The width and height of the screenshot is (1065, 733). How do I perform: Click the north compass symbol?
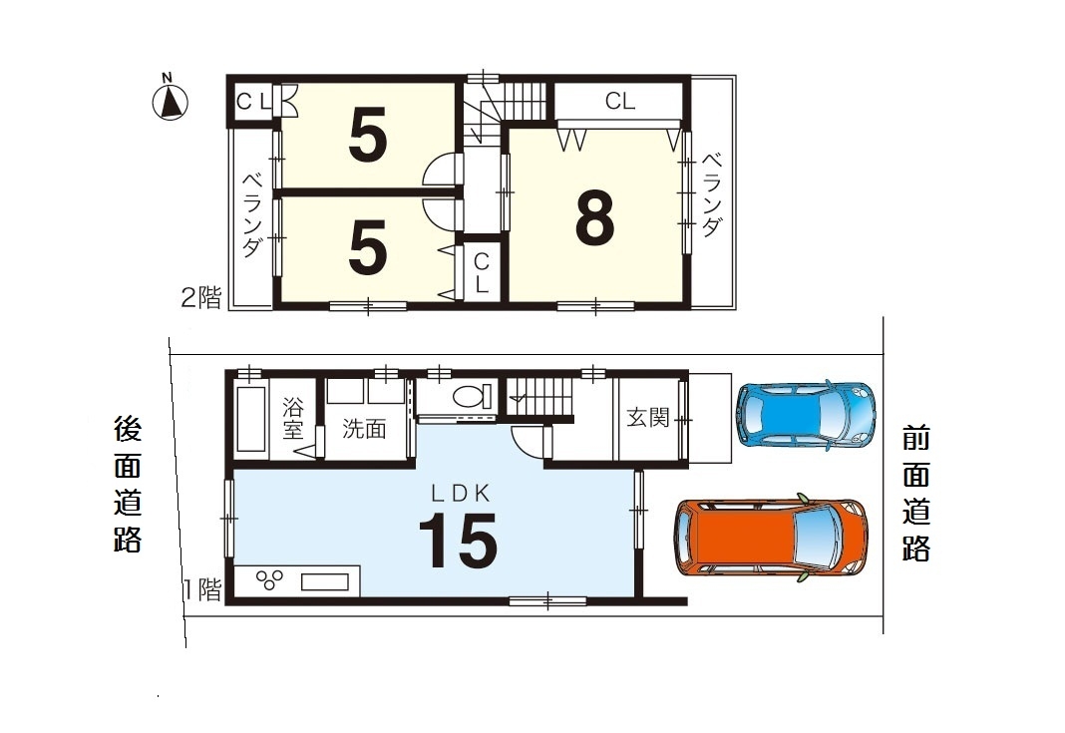(170, 99)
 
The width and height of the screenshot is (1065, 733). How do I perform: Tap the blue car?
(806, 415)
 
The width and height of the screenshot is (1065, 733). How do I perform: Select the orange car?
(770, 538)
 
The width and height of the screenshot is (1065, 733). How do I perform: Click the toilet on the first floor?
(472, 396)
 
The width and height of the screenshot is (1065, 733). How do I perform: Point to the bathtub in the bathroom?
(250, 417)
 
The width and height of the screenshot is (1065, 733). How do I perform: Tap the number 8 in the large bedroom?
(594, 216)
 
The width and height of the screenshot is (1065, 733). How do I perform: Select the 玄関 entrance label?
(648, 417)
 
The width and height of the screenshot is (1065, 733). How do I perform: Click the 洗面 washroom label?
(364, 428)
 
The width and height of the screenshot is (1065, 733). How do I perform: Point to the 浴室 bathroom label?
(293, 419)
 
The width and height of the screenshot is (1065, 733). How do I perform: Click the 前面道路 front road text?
(915, 494)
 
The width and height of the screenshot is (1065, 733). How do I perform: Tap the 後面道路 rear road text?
(127, 484)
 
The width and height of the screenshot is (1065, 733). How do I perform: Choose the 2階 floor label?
(201, 297)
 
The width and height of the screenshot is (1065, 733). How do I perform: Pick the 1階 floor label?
(203, 589)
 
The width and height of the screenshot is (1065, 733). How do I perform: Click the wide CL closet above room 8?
(620, 101)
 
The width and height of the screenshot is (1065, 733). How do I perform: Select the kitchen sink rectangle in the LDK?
(325, 582)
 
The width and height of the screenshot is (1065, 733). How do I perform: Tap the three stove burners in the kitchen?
(269, 579)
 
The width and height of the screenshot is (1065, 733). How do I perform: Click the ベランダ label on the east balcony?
(711, 195)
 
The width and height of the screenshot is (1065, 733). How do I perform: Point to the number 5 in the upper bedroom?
(367, 136)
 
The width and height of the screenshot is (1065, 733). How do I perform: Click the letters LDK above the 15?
(461, 494)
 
